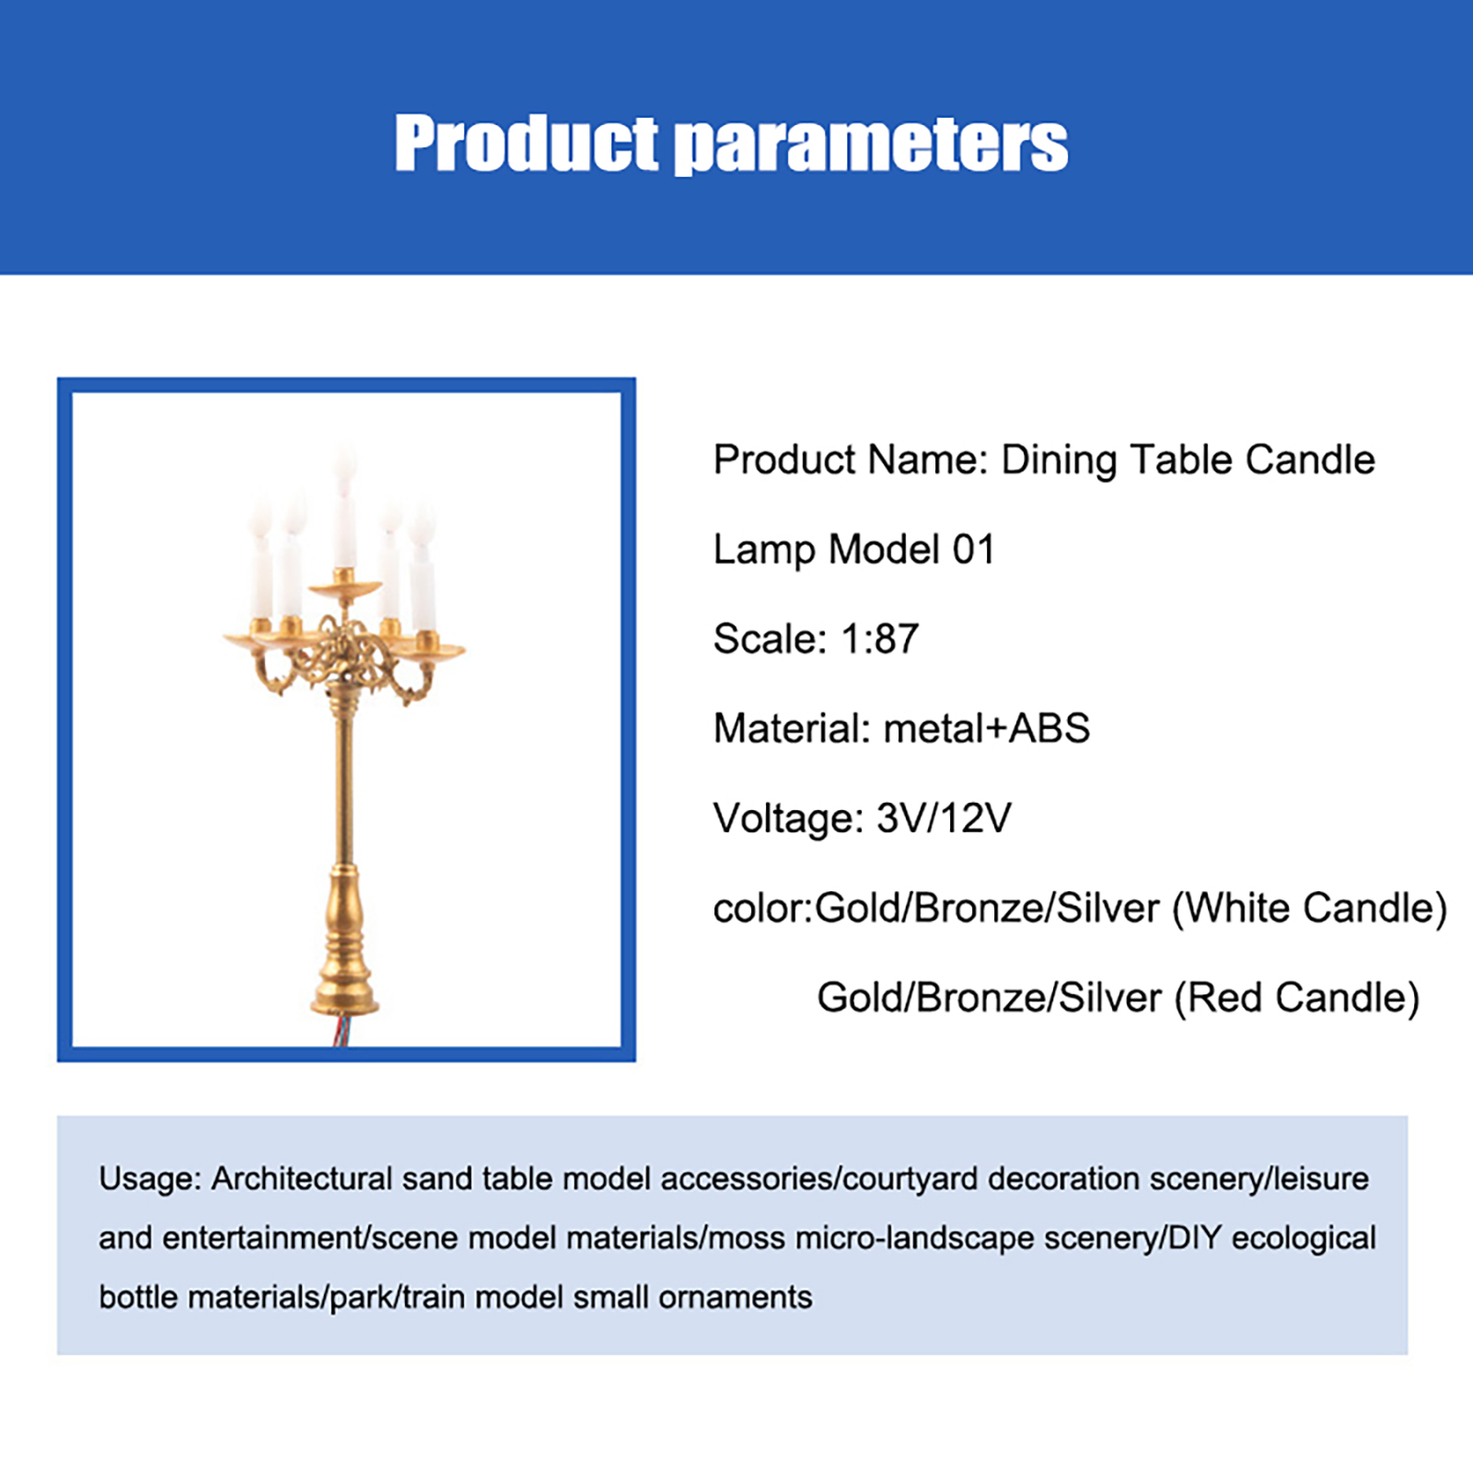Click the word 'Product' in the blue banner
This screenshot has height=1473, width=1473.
point(527,144)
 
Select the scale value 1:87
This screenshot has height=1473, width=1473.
point(880,639)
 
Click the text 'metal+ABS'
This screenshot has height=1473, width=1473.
point(987,728)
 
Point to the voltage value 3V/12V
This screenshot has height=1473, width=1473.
point(944,818)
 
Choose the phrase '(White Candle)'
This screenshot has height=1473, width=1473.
point(1309,909)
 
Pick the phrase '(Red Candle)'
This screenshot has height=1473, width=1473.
point(1297,998)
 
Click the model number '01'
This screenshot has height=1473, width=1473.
point(973,550)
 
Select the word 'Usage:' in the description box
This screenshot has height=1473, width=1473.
point(150,1179)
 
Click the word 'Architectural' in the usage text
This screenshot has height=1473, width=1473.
point(302,1178)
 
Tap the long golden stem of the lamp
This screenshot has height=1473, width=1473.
point(343,783)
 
